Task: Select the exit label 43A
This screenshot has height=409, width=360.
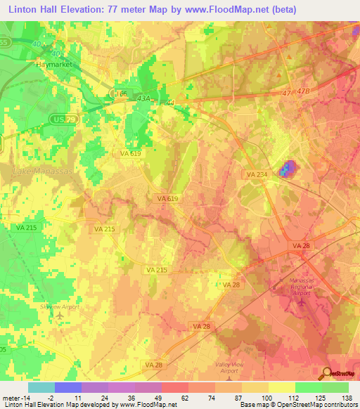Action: coord(143,99)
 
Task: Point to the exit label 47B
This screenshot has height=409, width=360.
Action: coord(323,92)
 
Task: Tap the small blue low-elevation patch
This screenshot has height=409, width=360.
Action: coord(288,169)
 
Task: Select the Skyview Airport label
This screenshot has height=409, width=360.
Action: coord(60,307)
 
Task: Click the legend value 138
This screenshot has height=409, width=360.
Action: coord(348,398)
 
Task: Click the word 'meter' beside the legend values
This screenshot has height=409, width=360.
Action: coord(11,398)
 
